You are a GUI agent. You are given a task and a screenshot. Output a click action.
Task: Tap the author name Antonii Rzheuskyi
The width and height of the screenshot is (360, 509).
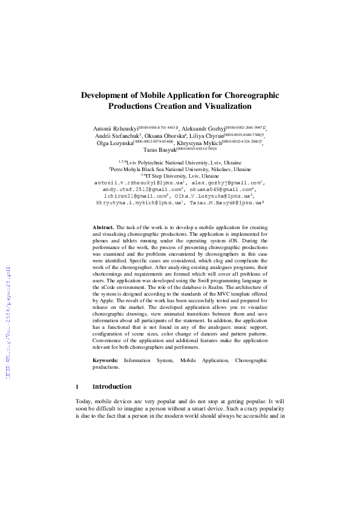click(116, 129)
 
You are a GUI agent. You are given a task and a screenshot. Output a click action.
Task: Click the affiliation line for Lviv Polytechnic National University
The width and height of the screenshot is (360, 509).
click(182, 163)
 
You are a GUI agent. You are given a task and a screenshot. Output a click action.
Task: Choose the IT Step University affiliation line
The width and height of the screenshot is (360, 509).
click(180, 176)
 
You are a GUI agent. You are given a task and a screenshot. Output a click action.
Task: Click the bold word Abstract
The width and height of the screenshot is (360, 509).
click(103, 225)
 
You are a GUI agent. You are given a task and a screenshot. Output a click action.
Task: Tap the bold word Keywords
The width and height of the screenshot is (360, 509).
click(105, 360)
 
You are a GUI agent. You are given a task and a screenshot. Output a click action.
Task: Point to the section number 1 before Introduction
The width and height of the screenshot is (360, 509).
click(77, 386)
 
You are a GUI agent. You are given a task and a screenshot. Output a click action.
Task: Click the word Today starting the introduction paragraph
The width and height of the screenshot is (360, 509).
click(83, 401)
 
